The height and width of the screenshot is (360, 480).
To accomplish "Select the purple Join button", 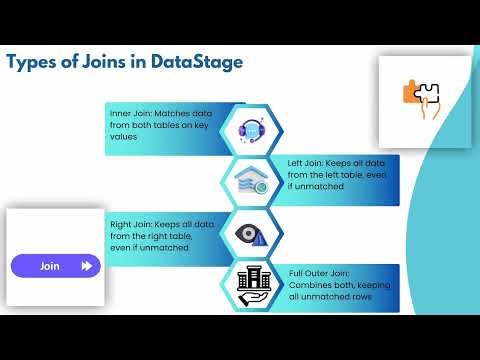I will pyautogui.click(x=56, y=266).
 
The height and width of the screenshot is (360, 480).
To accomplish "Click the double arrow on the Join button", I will pyautogui.click(x=87, y=266).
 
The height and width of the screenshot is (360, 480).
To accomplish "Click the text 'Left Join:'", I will pyautogui.click(x=305, y=161).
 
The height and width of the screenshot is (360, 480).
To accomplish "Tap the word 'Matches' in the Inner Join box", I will pyautogui.click(x=180, y=113).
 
